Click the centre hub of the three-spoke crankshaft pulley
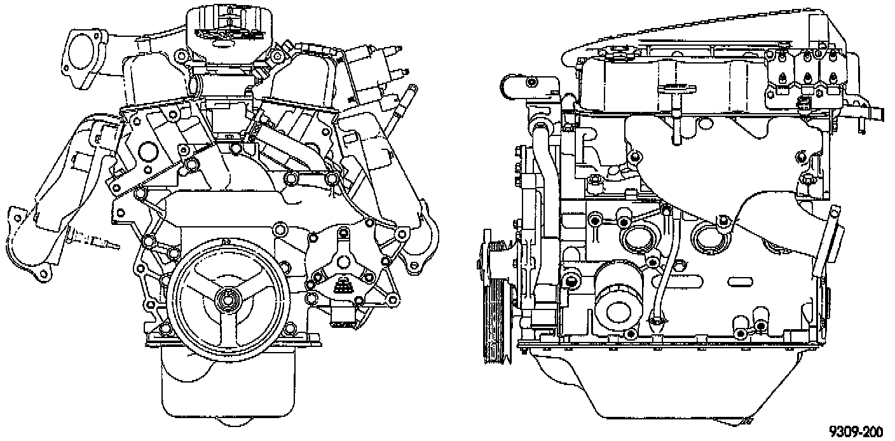click(227, 299)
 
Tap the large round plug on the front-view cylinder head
click(147, 152)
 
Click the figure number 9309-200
click(855, 431)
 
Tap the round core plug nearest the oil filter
click(635, 238)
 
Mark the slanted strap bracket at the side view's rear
click(826, 241)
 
